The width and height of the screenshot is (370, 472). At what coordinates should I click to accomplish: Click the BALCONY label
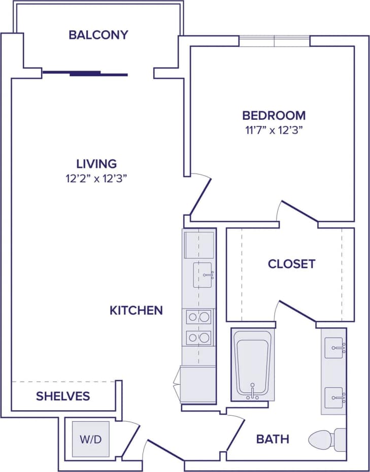[x=98, y=35]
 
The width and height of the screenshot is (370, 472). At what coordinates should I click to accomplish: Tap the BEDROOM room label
[x=274, y=115]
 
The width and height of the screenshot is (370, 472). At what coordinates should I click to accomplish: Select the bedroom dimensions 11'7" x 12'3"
[x=274, y=130]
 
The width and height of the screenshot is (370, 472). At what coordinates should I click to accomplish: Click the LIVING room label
[x=96, y=164]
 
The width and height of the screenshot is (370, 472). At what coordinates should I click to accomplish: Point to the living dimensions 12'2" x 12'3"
[x=96, y=178]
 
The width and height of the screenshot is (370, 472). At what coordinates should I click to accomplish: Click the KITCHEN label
[x=136, y=310]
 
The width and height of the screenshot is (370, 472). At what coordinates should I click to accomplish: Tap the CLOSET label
[x=291, y=264]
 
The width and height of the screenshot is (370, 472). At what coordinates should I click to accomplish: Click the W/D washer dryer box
[x=90, y=439]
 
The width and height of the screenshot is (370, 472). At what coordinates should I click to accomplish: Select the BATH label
[x=273, y=439]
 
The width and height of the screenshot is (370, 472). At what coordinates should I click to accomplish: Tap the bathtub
[x=252, y=364]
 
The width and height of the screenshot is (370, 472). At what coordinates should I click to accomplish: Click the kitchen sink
[x=203, y=275]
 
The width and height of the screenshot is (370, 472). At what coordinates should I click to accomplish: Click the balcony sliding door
[x=85, y=74]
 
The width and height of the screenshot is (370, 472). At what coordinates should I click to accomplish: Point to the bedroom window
[x=274, y=41]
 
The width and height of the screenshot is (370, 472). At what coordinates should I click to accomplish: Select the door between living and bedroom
[x=199, y=195]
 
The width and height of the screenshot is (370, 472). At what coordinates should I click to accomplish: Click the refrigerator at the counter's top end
[x=198, y=245]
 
